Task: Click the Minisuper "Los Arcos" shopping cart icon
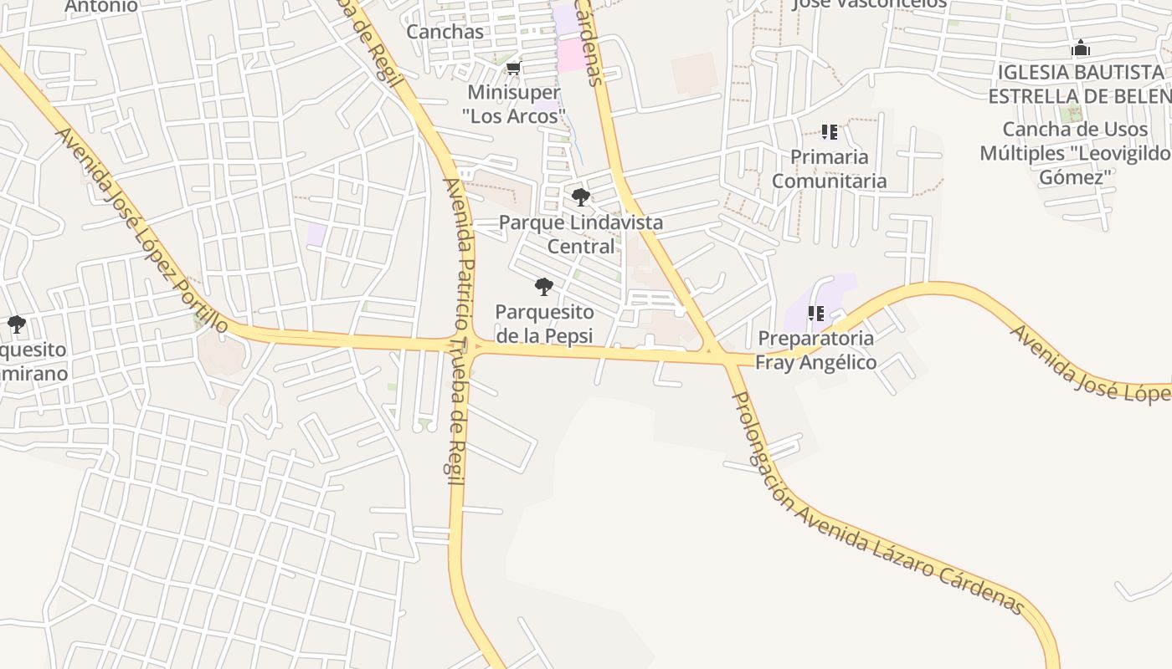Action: pyautogui.click(x=514, y=68)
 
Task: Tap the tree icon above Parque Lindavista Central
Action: pyautogui.click(x=580, y=197)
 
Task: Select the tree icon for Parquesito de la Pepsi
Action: pyautogui.click(x=544, y=287)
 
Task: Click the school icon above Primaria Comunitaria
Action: pyautogui.click(x=829, y=132)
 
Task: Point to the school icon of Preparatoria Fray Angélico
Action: pyautogui.click(x=816, y=314)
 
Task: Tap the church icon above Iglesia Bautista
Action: pyautogui.click(x=1081, y=48)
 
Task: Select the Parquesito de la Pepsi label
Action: pyautogui.click(x=544, y=324)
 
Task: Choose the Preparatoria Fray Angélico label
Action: pyautogui.click(x=816, y=350)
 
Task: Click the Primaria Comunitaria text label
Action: pyautogui.click(x=829, y=169)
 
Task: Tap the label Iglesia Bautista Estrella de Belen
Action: pyautogui.click(x=1080, y=84)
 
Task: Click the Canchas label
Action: pyautogui.click(x=445, y=32)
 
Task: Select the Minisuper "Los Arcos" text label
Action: pyautogui.click(x=514, y=104)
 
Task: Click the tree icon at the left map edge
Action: pyautogui.click(x=15, y=324)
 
